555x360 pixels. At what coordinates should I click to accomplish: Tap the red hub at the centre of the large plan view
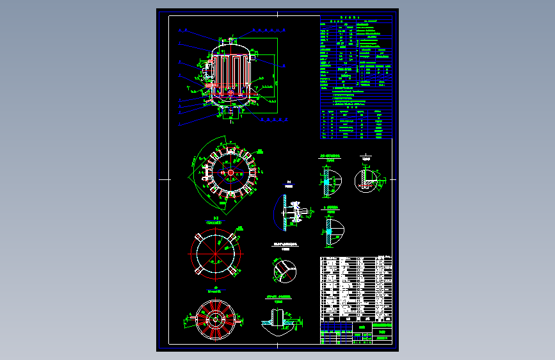pos(230,172)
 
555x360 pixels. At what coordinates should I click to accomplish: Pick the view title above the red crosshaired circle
pos(216,219)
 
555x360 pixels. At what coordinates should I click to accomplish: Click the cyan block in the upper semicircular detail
pos(326,182)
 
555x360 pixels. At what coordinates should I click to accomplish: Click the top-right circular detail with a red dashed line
pos(367,179)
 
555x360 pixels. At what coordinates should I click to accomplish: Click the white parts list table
pos(356,288)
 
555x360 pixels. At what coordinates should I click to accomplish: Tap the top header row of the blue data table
pos(356,19)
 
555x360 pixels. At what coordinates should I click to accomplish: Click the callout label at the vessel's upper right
pos(264,29)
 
